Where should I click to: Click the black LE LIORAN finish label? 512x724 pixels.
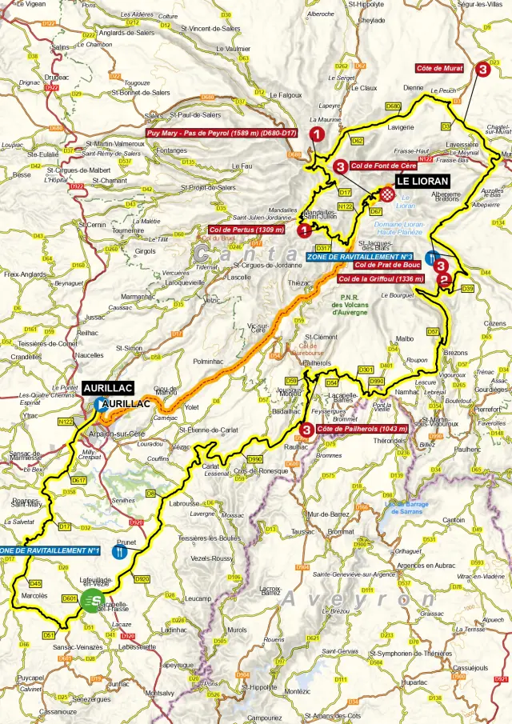click(x=422, y=181)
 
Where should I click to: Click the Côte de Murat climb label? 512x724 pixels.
click(x=440, y=69)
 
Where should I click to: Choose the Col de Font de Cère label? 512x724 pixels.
click(x=384, y=166)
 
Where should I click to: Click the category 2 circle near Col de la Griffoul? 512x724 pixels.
click(x=444, y=278)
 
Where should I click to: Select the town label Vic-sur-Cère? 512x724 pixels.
click(x=258, y=328)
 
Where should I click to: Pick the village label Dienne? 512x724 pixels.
click(x=414, y=87)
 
